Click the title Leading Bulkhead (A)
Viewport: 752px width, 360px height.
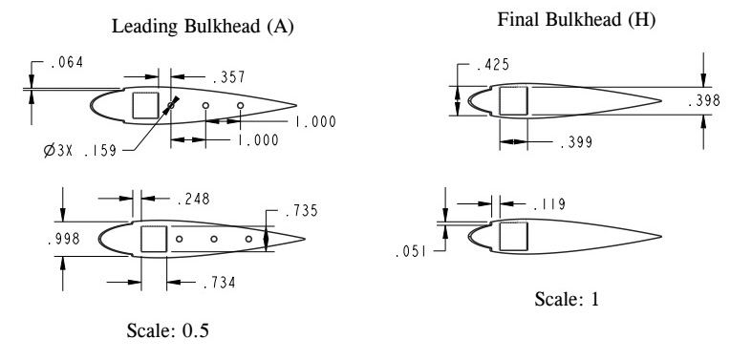click(x=203, y=27)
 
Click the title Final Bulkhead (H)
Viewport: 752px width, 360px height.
click(x=576, y=20)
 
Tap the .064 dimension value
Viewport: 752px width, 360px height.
click(x=66, y=62)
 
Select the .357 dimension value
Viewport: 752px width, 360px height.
click(x=228, y=76)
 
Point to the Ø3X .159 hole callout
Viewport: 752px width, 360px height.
click(x=80, y=151)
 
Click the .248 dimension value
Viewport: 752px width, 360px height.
click(x=193, y=199)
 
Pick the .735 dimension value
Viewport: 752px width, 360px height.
click(x=301, y=210)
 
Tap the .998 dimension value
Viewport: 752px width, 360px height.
click(x=63, y=239)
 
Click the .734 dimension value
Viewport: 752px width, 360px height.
click(x=219, y=283)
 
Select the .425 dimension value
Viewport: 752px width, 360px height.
click(x=492, y=64)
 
